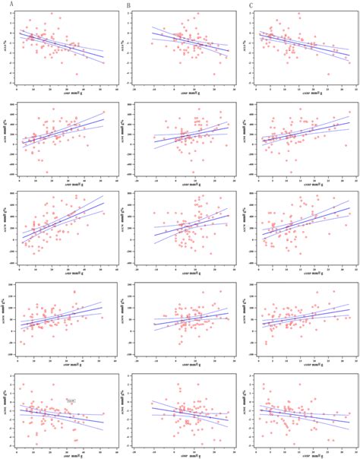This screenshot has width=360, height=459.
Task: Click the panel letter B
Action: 128,6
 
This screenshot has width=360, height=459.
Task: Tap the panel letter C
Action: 251,6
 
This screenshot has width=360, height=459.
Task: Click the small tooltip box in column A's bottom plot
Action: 71,398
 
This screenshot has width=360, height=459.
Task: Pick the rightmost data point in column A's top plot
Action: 103,62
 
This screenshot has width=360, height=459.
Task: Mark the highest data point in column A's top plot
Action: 51,14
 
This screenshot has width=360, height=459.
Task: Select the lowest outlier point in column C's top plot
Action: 328,74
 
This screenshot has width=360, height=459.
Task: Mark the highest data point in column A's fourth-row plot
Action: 74,292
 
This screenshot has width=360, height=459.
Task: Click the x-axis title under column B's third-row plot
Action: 185,272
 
